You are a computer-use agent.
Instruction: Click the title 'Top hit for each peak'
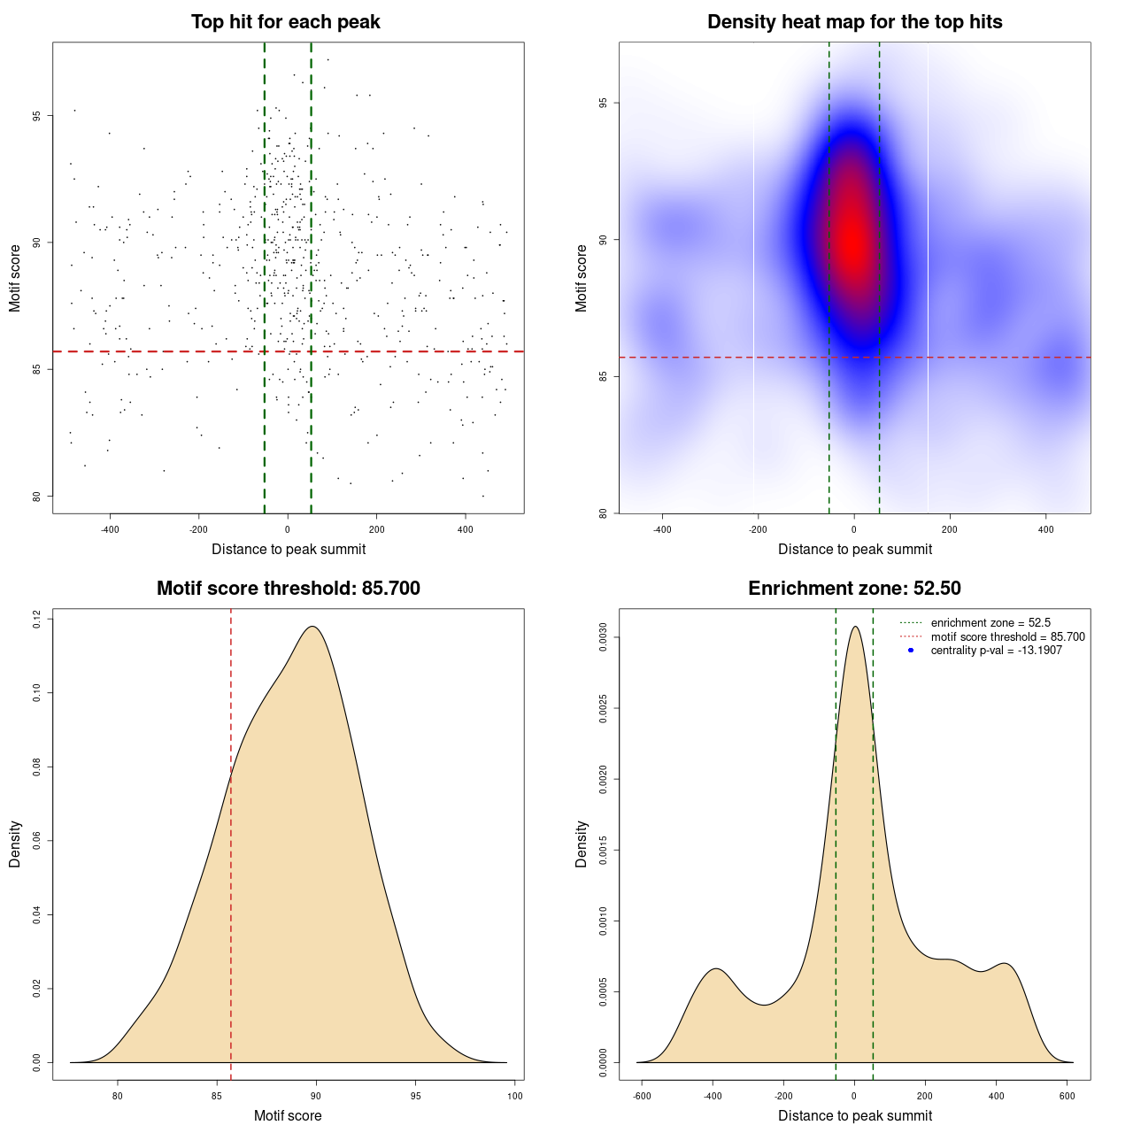pos(285,22)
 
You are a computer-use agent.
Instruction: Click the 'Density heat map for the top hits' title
pos(854,22)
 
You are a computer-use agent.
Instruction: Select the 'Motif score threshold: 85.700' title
pos(288,589)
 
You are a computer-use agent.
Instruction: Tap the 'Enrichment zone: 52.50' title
pos(854,589)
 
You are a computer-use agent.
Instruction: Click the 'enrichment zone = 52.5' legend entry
pos(990,623)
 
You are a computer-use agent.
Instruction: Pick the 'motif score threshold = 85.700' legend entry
pos(1007,636)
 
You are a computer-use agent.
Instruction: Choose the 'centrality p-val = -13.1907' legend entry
pos(996,651)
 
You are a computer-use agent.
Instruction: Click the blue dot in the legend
pos(911,651)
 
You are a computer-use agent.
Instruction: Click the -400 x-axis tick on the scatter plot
pos(110,529)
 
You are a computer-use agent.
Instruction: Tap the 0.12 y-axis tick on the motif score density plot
pos(37,620)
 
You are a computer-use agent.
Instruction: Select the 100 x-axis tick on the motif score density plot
pos(515,1096)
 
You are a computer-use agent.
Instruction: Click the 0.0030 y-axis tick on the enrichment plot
pos(603,637)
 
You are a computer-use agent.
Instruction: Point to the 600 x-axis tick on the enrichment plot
pos(1067,1096)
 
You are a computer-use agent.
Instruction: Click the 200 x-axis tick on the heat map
pos(950,529)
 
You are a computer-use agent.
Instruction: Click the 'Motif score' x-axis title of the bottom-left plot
pos(288,1115)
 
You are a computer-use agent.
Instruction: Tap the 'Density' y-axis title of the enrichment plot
pos(582,844)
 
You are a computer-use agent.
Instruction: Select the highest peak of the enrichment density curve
pos(854,627)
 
